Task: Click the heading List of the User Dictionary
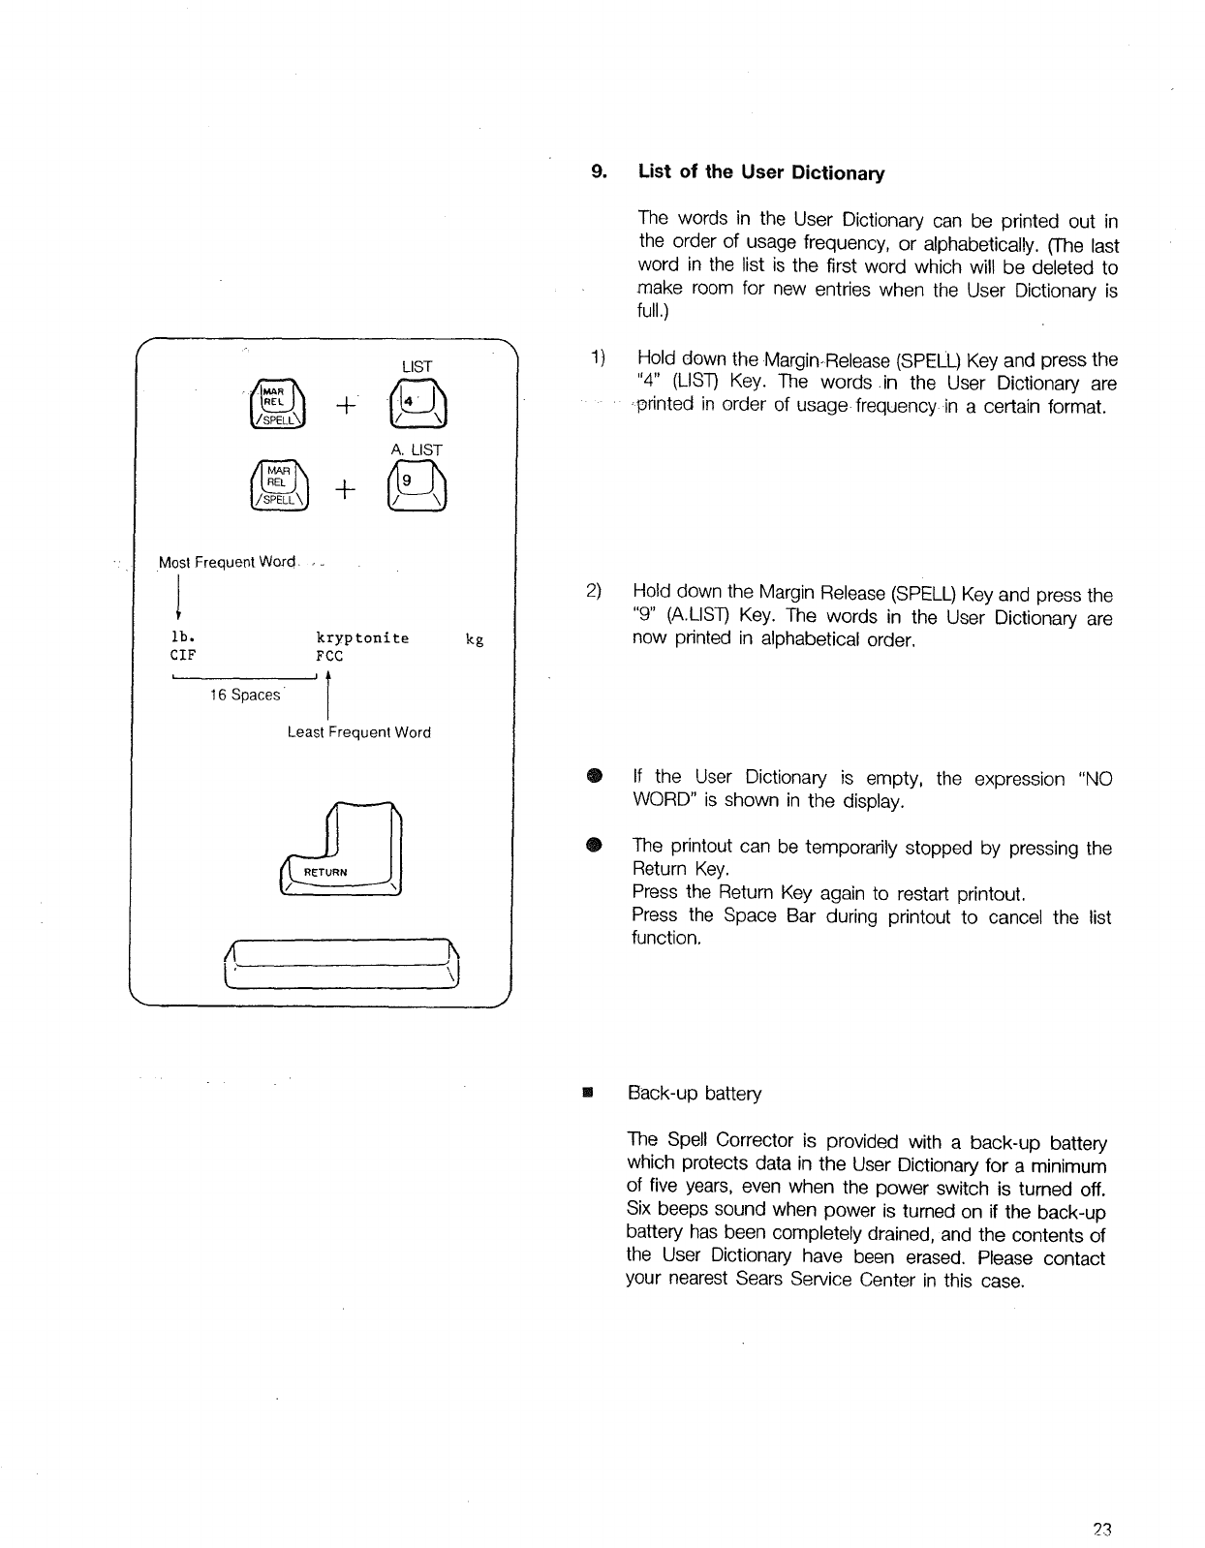[x=760, y=173]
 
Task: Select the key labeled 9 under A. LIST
[x=417, y=488]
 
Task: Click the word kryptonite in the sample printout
[x=363, y=638]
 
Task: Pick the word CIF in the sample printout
[x=183, y=656]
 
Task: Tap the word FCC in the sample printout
[x=329, y=656]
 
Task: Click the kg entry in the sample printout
[x=475, y=639]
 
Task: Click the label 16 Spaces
[x=245, y=696]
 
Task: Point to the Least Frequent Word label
[x=358, y=732]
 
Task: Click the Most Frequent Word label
[x=228, y=563]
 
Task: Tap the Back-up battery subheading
[x=695, y=1094]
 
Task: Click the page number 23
[x=1099, y=1531]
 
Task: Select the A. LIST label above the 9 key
[x=417, y=449]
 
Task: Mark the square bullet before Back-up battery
[x=586, y=1094]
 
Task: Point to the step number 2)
[x=595, y=591]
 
